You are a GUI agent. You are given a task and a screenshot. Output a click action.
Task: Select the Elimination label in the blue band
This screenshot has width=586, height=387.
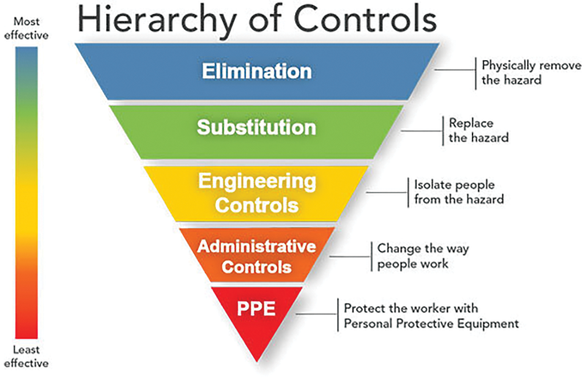[257, 71]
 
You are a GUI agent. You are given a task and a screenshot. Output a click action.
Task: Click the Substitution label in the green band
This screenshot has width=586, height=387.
[256, 126]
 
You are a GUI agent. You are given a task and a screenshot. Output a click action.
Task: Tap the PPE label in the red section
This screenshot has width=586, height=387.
[256, 308]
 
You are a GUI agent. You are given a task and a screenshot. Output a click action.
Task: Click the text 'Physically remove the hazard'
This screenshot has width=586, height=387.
[511, 72]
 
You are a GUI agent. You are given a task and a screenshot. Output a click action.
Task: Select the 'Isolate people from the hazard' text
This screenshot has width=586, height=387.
[459, 192]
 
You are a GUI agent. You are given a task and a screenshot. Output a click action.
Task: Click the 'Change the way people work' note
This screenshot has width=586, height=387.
[423, 255]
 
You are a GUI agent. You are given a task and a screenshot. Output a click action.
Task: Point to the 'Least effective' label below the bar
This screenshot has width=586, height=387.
[29, 356]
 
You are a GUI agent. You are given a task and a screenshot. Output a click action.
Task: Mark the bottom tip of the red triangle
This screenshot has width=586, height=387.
[256, 360]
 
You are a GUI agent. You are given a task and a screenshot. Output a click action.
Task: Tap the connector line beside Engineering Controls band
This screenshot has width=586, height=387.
[386, 191]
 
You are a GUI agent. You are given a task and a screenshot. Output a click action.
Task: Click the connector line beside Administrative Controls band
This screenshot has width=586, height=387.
[352, 254]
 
